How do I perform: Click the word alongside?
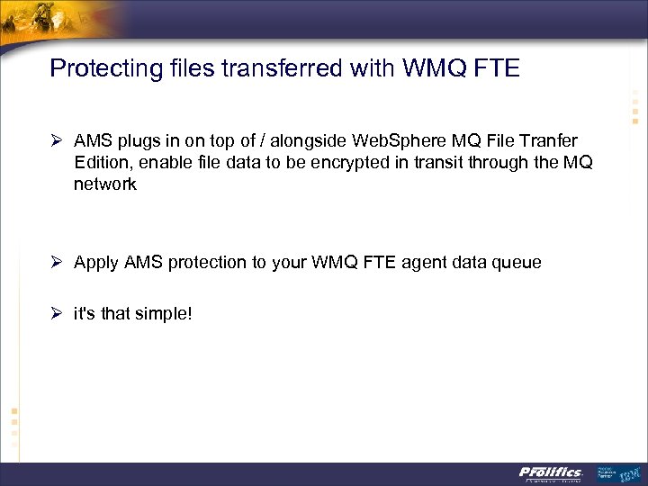click(310, 141)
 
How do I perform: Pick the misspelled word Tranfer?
click(548, 141)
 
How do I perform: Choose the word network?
click(105, 184)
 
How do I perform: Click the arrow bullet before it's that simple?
click(56, 313)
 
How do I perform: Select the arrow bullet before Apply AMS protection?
click(56, 263)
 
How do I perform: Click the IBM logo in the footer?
click(627, 472)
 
